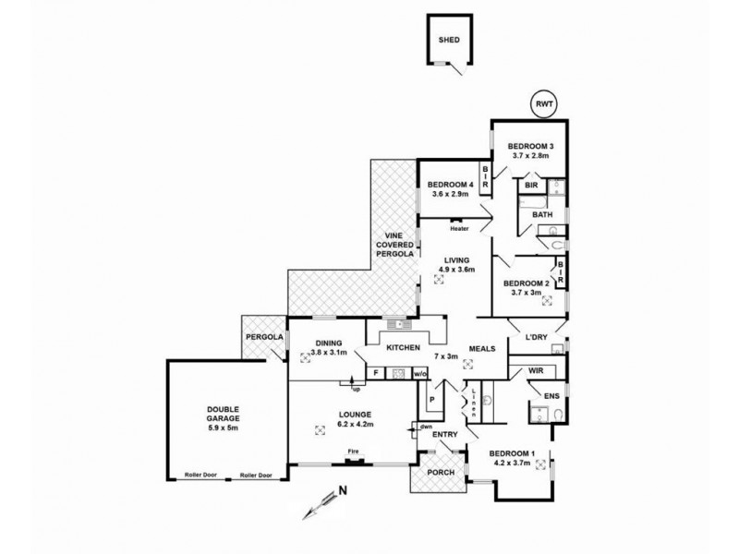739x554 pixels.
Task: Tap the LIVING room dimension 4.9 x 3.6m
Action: click(x=455, y=270)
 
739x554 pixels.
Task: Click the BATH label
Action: click(x=541, y=216)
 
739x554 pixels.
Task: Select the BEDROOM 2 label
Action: click(x=527, y=283)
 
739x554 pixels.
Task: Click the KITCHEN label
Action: click(x=404, y=348)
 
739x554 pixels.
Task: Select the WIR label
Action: click(x=535, y=370)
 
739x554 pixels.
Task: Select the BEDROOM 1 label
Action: click(x=511, y=452)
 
